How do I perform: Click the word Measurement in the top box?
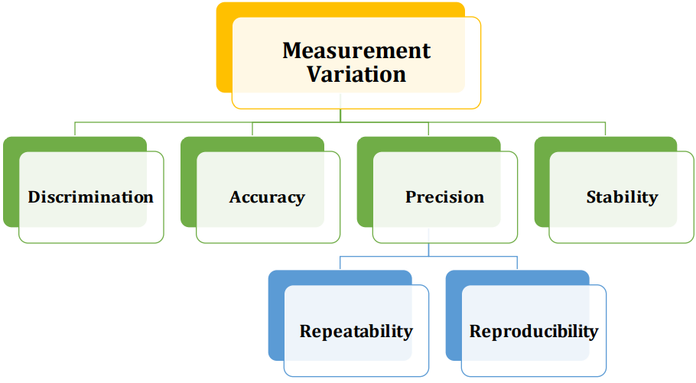coord(356,51)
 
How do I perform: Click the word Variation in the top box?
coord(356,75)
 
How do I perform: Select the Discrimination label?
coord(91,197)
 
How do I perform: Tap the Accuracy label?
coord(267,197)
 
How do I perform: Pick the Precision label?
coord(444,197)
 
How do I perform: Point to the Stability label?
coord(622,197)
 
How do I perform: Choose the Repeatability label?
coord(356,332)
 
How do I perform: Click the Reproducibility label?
coord(533,332)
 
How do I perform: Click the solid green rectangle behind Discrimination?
coord(11,183)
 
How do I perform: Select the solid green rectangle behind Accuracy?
coord(188,183)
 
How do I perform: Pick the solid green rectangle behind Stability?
coord(542,183)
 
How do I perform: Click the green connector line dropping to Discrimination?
coord(75,128)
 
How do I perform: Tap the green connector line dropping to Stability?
coord(605,128)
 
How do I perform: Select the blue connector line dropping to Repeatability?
coord(340,263)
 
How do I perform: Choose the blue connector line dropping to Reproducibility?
coord(518,263)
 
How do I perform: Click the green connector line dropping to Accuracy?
coord(252,128)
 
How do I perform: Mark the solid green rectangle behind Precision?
coord(365,183)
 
